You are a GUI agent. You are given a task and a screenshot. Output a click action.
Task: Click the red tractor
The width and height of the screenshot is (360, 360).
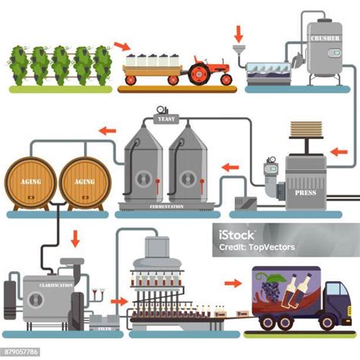(x=206, y=71)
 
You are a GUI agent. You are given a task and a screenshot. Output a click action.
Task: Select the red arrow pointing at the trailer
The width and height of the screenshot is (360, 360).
(x=121, y=48)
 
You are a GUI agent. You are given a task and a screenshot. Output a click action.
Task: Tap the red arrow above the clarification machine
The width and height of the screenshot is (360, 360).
(x=74, y=240)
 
